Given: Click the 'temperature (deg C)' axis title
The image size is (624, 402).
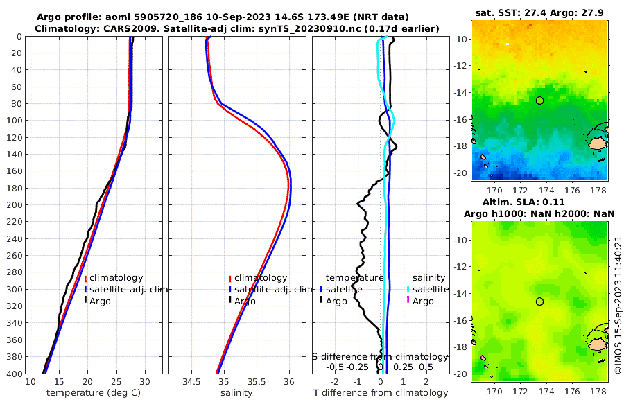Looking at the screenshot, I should pos(94,392).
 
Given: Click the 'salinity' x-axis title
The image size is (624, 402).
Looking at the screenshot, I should pos(236,392).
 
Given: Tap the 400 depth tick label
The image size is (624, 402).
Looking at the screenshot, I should pos(14,374).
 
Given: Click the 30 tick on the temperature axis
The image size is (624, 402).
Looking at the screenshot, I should pos(144,381).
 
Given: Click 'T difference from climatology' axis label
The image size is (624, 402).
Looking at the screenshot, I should pos(381,392).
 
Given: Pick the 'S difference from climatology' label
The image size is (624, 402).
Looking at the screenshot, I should pos(380,356).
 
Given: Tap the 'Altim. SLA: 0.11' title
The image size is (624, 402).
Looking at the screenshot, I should pos(540,201).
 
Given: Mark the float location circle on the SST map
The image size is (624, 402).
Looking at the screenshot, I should pos(540,101).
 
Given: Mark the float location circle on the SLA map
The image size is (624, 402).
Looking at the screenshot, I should pos(540,301).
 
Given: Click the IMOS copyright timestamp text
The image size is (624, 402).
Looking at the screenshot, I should pos(618,305).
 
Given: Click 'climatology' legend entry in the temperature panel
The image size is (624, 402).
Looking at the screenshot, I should pos(116,278).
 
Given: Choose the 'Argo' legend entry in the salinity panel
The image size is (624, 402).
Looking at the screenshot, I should pos(244,301).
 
